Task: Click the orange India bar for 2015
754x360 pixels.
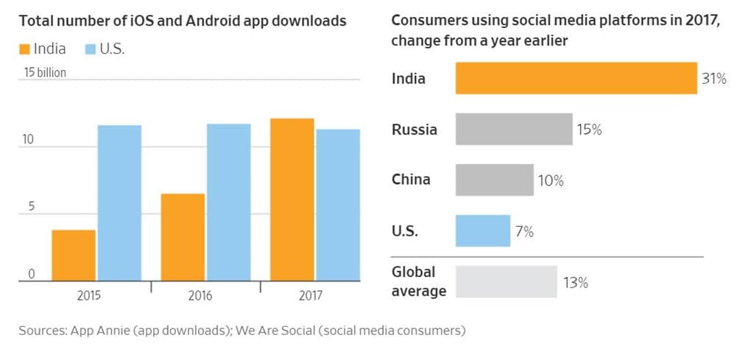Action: click(x=74, y=255)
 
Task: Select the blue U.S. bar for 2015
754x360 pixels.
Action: click(x=119, y=203)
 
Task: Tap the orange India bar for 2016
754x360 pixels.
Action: click(x=183, y=237)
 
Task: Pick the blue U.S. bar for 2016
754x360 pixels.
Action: click(x=228, y=202)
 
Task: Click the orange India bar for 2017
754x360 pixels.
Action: click(x=292, y=200)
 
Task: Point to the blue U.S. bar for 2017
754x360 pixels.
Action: click(x=338, y=205)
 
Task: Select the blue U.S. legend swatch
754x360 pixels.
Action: click(x=91, y=49)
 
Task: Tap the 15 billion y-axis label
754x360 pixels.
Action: click(x=45, y=73)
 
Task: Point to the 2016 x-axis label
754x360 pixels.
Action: click(x=200, y=296)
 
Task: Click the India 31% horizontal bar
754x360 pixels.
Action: click(x=576, y=79)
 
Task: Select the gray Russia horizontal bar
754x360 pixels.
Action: click(x=514, y=129)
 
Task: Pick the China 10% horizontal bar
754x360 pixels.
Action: click(x=494, y=180)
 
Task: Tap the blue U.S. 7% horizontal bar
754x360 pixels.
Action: click(x=482, y=230)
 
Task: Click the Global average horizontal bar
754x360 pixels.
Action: click(x=506, y=281)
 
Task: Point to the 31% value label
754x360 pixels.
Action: click(x=714, y=80)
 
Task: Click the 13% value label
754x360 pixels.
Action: click(x=575, y=282)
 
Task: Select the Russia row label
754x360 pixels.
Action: click(x=414, y=130)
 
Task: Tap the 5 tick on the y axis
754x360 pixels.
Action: click(x=31, y=207)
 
